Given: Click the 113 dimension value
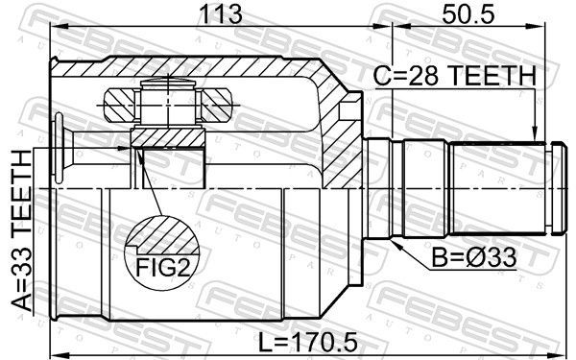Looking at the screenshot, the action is pyautogui.click(x=220, y=14).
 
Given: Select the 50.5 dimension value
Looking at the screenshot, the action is pyautogui.click(x=468, y=14).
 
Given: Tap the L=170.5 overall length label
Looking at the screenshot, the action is pyautogui.click(x=308, y=342).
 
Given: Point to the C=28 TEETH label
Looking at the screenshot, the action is pyautogui.click(x=455, y=77).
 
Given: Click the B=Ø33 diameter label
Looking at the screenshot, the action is pyautogui.click(x=474, y=258).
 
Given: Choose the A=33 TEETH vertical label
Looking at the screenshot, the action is pyautogui.click(x=21, y=231).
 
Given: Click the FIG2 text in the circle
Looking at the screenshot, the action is pyautogui.click(x=163, y=267).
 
